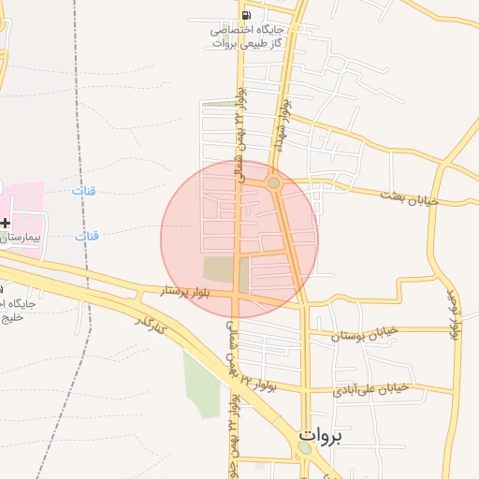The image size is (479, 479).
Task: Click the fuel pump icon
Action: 245,15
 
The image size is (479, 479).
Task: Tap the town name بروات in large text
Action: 322,435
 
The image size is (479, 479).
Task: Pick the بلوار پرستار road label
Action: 191,292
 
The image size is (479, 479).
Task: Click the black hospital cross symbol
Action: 6,223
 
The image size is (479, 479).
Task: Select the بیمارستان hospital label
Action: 22,239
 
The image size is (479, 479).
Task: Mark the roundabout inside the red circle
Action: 273,184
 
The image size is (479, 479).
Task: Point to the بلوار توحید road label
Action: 455,314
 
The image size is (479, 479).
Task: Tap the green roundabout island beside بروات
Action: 305,449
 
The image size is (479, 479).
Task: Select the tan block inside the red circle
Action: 225,271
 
